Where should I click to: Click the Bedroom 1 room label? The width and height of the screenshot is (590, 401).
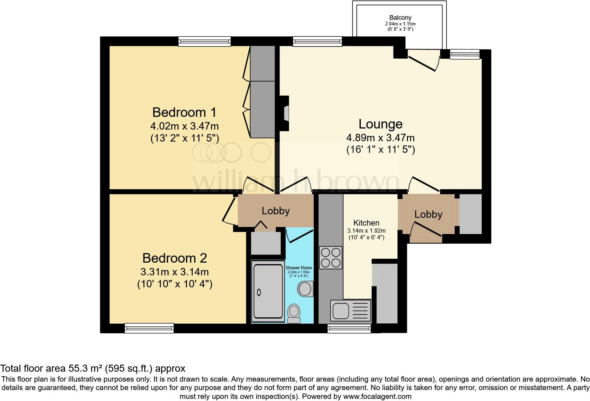184,113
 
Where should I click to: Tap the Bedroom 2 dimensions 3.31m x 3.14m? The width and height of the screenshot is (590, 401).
175,272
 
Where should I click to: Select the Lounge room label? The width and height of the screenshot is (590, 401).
380,124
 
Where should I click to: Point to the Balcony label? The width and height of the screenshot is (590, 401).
400,18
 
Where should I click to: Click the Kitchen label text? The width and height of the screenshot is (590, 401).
366,223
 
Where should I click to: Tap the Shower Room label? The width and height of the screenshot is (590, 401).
299,268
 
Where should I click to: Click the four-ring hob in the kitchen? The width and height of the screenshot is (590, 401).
331,257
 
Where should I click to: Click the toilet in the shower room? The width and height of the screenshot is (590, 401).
294,313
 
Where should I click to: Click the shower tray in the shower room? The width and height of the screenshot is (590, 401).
267,291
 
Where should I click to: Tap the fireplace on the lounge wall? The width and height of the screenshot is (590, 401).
284,113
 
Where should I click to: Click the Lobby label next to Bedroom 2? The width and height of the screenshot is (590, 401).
276,211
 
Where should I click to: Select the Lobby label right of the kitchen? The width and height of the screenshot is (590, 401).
428,214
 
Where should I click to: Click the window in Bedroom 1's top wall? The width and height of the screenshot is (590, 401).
204,42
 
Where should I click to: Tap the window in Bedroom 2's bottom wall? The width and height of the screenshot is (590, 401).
149,328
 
